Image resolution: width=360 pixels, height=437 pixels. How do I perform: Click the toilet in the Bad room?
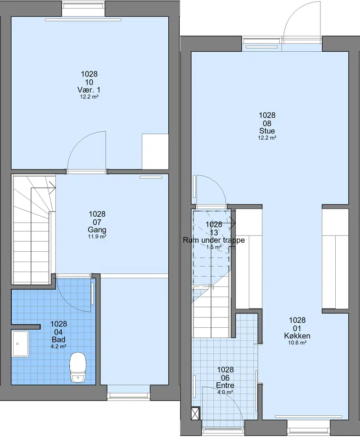78,367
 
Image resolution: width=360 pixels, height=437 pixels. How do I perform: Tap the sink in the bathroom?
20,343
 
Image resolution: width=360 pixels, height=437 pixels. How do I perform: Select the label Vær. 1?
89,90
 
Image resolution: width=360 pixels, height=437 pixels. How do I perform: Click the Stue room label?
267,131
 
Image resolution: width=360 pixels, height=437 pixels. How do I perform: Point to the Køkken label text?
297,336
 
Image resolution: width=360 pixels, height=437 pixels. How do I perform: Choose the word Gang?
97,230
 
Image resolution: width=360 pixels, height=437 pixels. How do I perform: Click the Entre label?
225,385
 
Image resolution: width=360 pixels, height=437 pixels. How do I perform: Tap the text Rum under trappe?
214,240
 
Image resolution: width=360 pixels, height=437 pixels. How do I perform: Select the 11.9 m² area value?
97,237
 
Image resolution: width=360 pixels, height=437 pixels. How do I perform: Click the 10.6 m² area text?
297,343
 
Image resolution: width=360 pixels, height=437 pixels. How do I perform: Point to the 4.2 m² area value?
58,347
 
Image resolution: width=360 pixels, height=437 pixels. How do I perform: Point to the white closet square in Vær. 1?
155,152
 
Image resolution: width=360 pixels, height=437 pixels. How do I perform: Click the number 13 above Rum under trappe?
214,232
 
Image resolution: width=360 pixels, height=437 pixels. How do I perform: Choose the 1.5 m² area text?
214,247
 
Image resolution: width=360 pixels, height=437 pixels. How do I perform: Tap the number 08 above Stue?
267,123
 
